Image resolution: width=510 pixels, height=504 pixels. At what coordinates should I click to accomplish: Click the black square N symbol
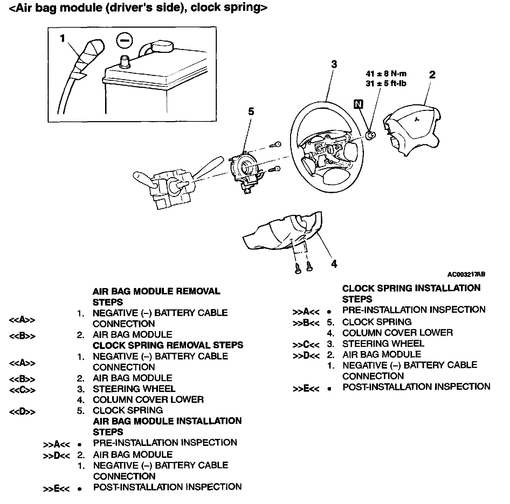pyautogui.click(x=359, y=104)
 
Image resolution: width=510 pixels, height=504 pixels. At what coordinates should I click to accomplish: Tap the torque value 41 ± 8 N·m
pyautogui.click(x=386, y=74)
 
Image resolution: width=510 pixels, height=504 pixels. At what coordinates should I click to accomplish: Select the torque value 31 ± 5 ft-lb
pyautogui.click(x=386, y=84)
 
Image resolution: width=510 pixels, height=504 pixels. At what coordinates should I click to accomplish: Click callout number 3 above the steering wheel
pyautogui.click(x=334, y=64)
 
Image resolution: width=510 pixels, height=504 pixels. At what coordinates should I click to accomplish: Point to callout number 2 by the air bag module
pyautogui.click(x=432, y=75)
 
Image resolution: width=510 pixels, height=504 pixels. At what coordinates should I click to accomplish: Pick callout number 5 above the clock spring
pyautogui.click(x=251, y=112)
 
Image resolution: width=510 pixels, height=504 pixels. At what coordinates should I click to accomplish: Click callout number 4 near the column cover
pyautogui.click(x=334, y=264)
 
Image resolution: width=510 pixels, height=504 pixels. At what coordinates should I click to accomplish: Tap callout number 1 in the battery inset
pyautogui.click(x=62, y=38)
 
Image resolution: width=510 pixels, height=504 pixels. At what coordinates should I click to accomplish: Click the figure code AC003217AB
pyautogui.click(x=466, y=274)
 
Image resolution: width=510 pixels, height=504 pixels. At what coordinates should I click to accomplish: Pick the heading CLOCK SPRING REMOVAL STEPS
pyautogui.click(x=168, y=345)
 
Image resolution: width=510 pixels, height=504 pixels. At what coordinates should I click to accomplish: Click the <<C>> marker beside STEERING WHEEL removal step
pyautogui.click(x=22, y=390)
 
